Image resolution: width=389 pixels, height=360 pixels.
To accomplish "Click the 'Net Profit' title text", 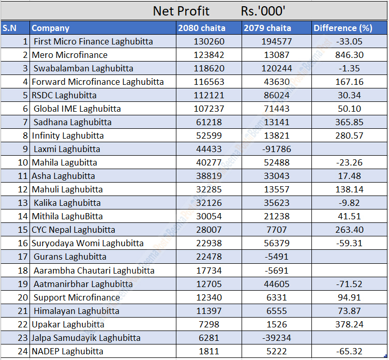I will (x=181, y=10).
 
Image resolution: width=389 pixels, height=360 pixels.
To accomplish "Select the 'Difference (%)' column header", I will (x=342, y=28).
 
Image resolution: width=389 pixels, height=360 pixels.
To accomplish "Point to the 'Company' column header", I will (x=51, y=28).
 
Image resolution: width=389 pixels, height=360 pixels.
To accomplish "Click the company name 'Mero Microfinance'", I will (x=70, y=55).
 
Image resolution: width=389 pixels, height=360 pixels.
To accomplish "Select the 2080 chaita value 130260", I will (x=209, y=41).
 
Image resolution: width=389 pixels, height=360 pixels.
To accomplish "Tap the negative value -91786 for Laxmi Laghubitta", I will (x=276, y=149).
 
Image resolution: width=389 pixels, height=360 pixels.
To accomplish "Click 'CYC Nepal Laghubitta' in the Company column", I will (x=73, y=230).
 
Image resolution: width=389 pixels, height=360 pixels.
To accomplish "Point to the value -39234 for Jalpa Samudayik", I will (x=276, y=338).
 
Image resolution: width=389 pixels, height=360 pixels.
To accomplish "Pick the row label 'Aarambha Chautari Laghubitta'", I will (x=94, y=271).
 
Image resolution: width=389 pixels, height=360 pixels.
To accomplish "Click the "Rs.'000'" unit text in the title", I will (x=263, y=10).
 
